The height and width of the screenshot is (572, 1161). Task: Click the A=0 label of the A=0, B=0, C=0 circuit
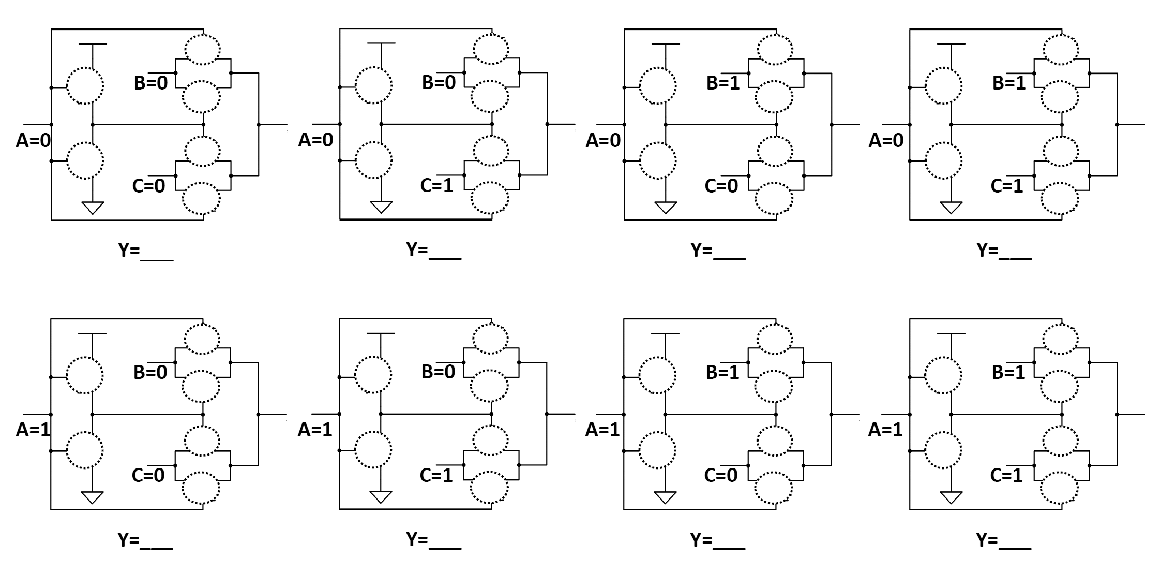[33, 140]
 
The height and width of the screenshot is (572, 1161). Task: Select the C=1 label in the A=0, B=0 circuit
[436, 185]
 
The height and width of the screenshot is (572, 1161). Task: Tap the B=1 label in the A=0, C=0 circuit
[723, 83]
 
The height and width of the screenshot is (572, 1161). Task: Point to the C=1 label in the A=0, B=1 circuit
[1006, 185]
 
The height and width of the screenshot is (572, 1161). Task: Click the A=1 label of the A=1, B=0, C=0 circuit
[33, 430]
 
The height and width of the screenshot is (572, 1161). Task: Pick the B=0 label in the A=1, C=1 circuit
[438, 372]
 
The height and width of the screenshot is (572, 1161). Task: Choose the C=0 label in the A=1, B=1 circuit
[720, 475]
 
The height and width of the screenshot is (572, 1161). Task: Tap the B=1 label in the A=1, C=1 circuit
[1008, 372]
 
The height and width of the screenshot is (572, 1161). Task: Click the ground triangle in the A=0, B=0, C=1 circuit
[381, 207]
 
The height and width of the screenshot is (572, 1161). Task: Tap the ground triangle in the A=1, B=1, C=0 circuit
[665, 497]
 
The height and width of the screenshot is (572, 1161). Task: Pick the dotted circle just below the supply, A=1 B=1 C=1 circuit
[943, 375]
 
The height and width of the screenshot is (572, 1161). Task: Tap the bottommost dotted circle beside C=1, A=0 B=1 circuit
[1060, 198]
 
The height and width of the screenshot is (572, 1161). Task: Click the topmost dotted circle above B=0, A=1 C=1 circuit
[490, 339]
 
